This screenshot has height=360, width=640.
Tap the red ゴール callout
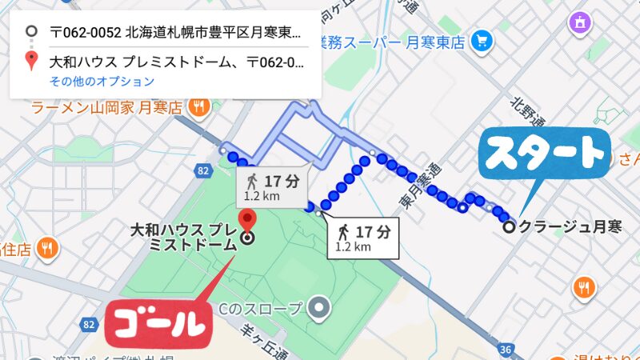tap(157, 323)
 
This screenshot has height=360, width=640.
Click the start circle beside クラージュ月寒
tap(509, 226)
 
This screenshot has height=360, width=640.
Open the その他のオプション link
tap(102, 82)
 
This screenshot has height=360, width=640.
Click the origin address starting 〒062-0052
tap(175, 33)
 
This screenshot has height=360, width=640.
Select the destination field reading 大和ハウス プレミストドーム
tap(175, 60)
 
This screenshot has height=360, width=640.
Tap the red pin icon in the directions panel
tap(30, 60)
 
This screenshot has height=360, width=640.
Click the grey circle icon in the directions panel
tap(30, 33)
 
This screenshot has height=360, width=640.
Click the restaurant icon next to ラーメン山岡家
tap(199, 106)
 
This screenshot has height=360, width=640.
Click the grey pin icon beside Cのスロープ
tap(320, 306)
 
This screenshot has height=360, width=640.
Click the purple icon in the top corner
tap(578, 23)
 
